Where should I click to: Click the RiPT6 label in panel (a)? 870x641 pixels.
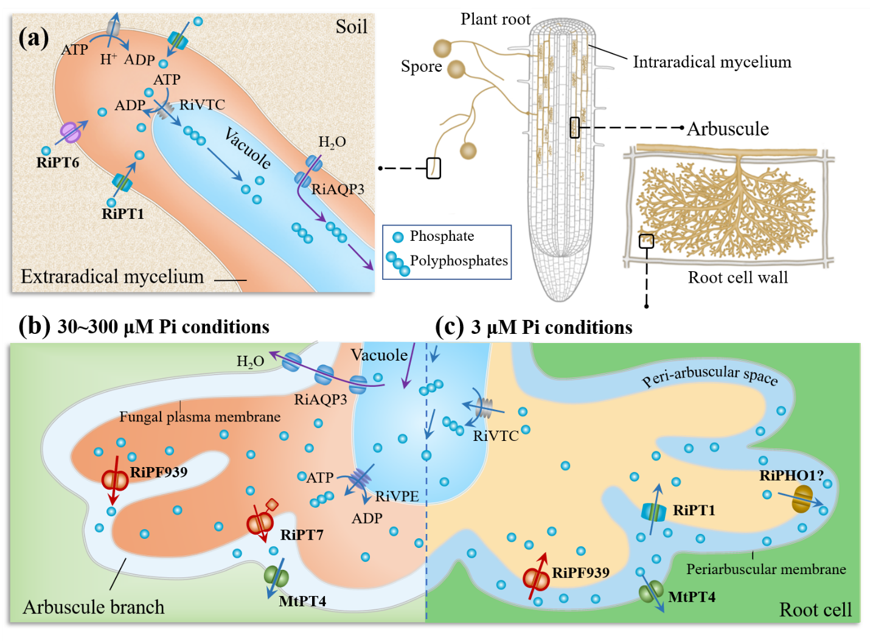click(x=58, y=162)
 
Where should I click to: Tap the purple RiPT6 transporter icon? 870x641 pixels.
click(x=71, y=132)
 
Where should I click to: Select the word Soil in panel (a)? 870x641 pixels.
click(x=351, y=27)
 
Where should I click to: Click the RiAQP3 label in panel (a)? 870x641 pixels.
click(x=338, y=189)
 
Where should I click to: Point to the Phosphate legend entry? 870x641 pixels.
click(x=442, y=236)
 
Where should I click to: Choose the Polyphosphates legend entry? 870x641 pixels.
click(x=459, y=261)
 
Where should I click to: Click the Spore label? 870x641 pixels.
click(x=421, y=66)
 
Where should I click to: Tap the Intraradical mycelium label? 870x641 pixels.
click(x=712, y=62)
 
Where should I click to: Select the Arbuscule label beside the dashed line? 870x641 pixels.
click(x=728, y=129)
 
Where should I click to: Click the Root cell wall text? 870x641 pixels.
click(x=737, y=277)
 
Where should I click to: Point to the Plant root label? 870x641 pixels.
click(x=495, y=19)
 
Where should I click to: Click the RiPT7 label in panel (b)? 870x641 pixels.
click(x=302, y=535)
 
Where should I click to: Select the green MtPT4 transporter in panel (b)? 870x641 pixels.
click(x=276, y=576)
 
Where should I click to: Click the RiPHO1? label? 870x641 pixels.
click(x=791, y=476)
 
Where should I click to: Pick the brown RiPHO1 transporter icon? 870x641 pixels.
click(x=802, y=499)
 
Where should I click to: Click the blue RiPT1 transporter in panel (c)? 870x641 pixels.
click(x=654, y=511)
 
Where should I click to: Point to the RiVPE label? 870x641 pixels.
click(x=397, y=496)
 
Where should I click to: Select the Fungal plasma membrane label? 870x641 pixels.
click(x=200, y=417)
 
